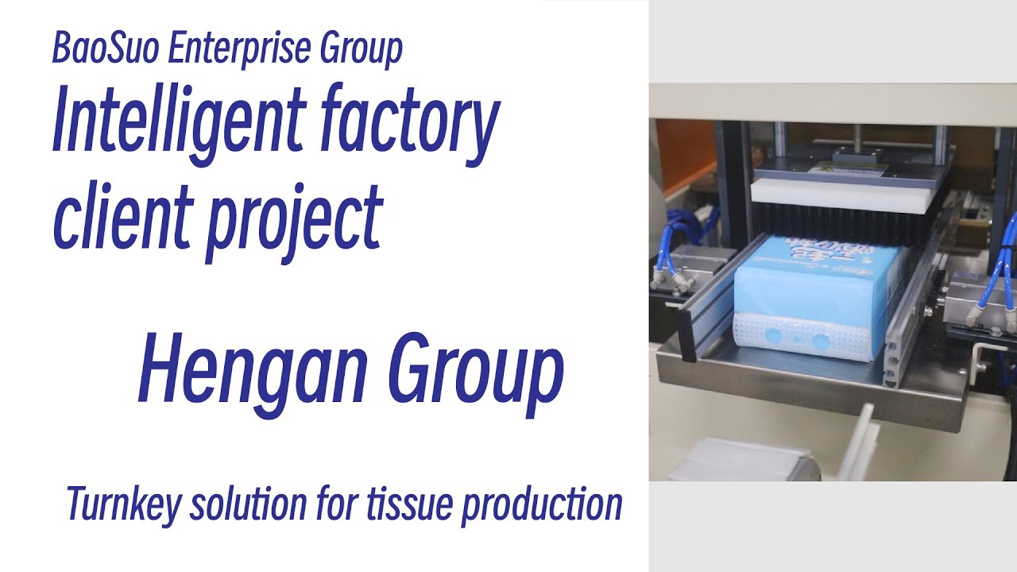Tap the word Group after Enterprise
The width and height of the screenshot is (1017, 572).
362,49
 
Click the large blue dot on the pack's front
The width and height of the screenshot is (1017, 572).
819,342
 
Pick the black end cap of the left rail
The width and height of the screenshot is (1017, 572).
688,332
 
